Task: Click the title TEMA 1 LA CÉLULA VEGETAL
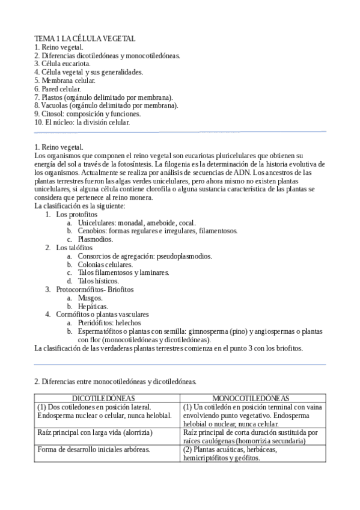85,38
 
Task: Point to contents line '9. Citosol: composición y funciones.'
87,114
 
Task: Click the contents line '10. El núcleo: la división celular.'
82,122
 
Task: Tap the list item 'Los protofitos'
76,214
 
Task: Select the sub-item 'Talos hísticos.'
99,281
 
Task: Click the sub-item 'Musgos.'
91,298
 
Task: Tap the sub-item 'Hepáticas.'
93,306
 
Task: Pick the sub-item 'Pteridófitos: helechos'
111,323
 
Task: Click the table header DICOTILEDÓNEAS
103,398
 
